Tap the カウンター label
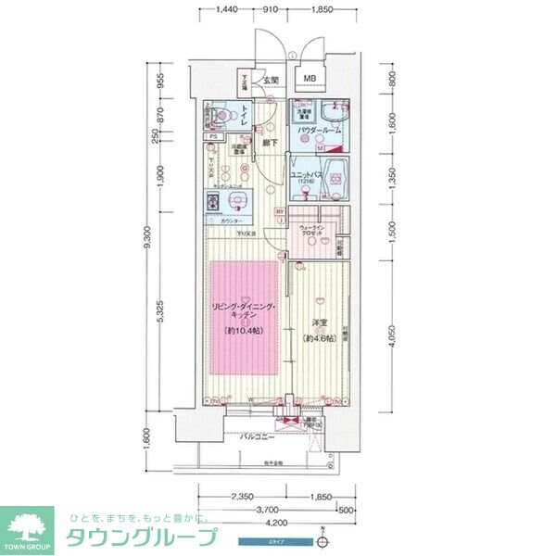click(233, 221)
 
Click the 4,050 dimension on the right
click(393, 340)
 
